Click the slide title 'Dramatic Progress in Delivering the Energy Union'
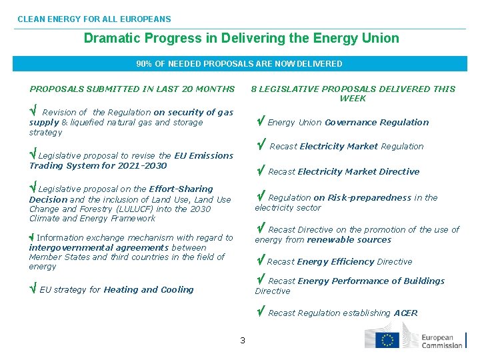click(241, 39)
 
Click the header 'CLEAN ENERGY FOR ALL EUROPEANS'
click(94, 19)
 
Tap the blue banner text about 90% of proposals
click(239, 64)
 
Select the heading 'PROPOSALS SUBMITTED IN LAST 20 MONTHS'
click(132, 89)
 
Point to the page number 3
click(243, 341)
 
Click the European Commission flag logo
click(386, 339)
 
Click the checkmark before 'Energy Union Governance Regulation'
click(261, 121)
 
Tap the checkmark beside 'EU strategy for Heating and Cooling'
click(33, 289)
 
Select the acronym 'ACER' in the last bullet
click(405, 313)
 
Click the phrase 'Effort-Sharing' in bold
click(181, 189)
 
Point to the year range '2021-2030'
click(144, 165)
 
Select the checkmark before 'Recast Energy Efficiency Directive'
click(261, 261)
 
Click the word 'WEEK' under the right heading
click(353, 99)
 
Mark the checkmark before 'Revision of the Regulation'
click(33, 111)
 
